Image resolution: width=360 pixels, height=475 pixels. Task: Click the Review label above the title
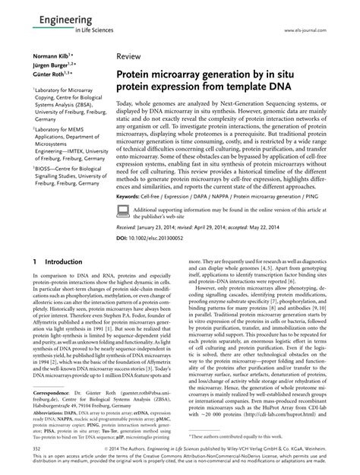click(x=129, y=57)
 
